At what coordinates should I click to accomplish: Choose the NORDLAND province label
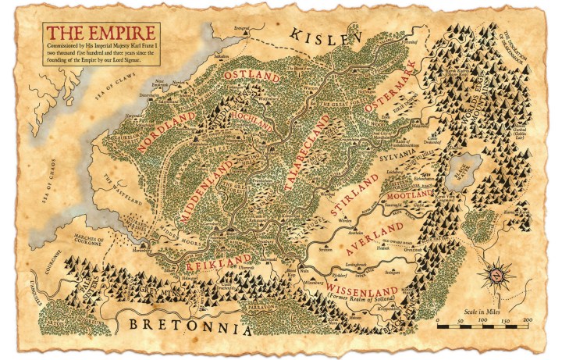click(165, 131)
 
